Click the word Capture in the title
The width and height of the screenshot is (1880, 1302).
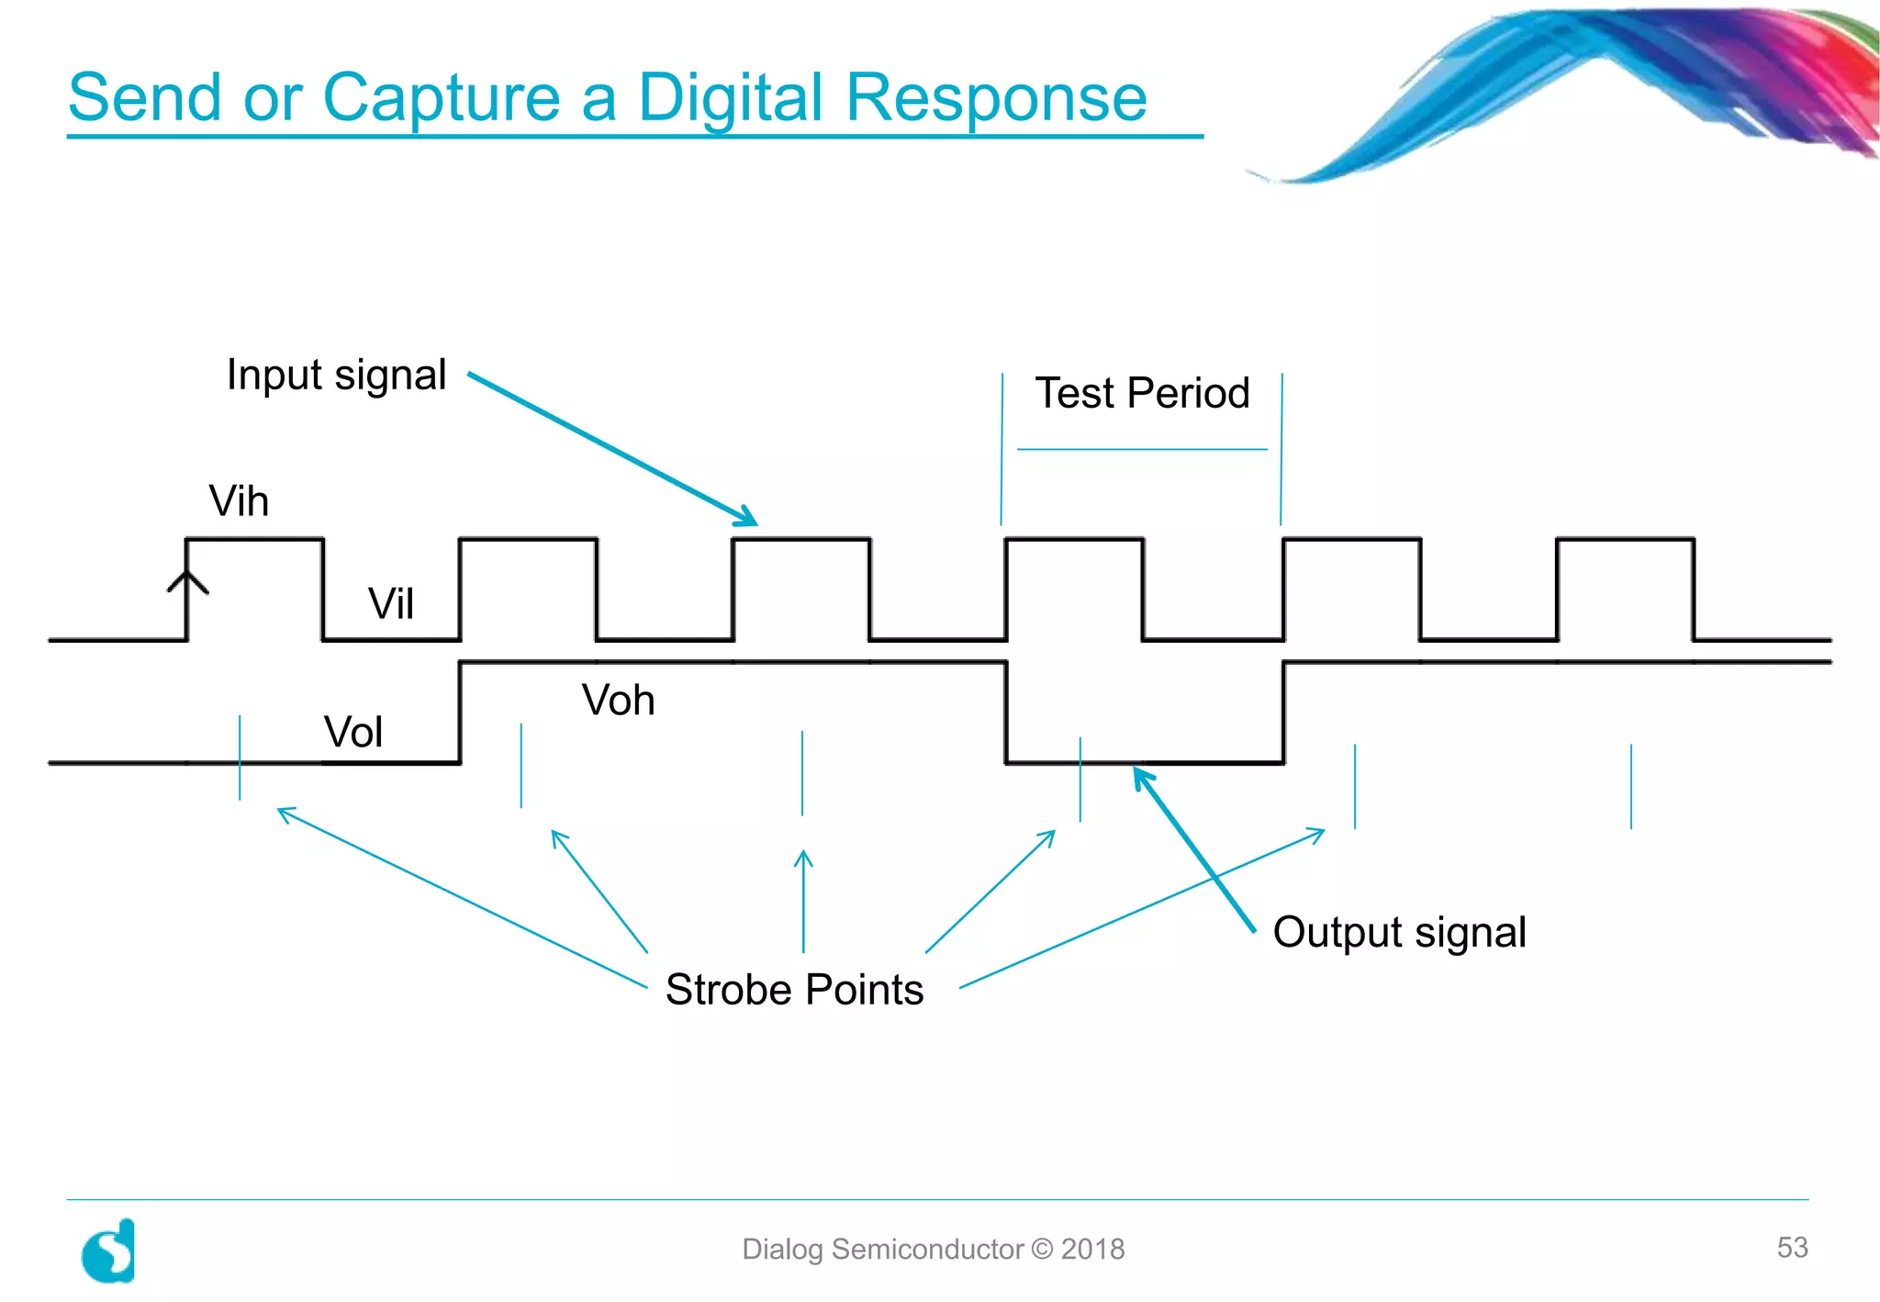[x=442, y=97]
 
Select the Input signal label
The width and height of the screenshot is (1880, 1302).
[x=336, y=375]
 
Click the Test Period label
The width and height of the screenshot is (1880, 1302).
[x=1142, y=393]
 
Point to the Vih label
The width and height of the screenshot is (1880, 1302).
[x=239, y=501]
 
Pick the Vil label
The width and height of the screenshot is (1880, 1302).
[x=391, y=604]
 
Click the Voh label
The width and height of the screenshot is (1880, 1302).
[x=618, y=701]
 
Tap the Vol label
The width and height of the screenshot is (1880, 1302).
[x=353, y=733]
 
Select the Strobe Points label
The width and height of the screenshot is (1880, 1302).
[x=794, y=990]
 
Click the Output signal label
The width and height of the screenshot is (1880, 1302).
[x=1399, y=932]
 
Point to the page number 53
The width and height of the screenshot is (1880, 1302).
[x=1792, y=1247]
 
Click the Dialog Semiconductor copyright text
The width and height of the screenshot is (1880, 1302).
[x=933, y=1249]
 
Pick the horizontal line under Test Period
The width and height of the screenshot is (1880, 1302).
[x=1142, y=449]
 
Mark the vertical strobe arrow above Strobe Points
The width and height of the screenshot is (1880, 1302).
[x=803, y=900]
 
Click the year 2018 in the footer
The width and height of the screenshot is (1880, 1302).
[x=1092, y=1249]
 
